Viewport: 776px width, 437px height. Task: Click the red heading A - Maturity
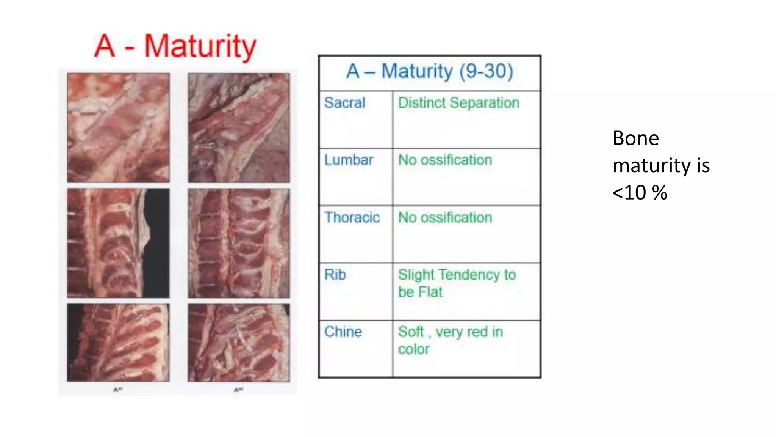coord(175,47)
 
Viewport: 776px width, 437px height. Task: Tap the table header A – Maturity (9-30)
coord(430,71)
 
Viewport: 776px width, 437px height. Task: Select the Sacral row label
coord(345,103)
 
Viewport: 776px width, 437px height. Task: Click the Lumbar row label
coord(349,160)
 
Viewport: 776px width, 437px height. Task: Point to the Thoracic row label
coord(352,217)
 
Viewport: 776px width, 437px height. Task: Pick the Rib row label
coord(335,275)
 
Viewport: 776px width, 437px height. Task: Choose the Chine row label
coord(343,332)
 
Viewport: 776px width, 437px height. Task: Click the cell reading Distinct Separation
coord(458,103)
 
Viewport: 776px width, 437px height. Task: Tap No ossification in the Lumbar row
coord(445,160)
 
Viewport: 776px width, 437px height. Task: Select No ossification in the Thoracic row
coord(445,217)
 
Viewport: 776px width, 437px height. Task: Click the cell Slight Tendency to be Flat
coord(457,283)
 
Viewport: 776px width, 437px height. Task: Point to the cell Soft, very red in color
coord(450,340)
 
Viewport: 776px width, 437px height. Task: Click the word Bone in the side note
coord(636,138)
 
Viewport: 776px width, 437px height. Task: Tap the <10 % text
coord(640,193)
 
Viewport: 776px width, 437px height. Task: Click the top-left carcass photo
coord(118,128)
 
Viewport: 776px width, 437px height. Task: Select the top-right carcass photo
coord(239,128)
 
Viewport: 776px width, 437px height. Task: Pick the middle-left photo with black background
coord(118,243)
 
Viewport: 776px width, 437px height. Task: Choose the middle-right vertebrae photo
coord(239,243)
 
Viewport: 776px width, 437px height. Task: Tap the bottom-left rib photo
coord(118,343)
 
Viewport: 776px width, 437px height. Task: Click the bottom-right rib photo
coord(239,343)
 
